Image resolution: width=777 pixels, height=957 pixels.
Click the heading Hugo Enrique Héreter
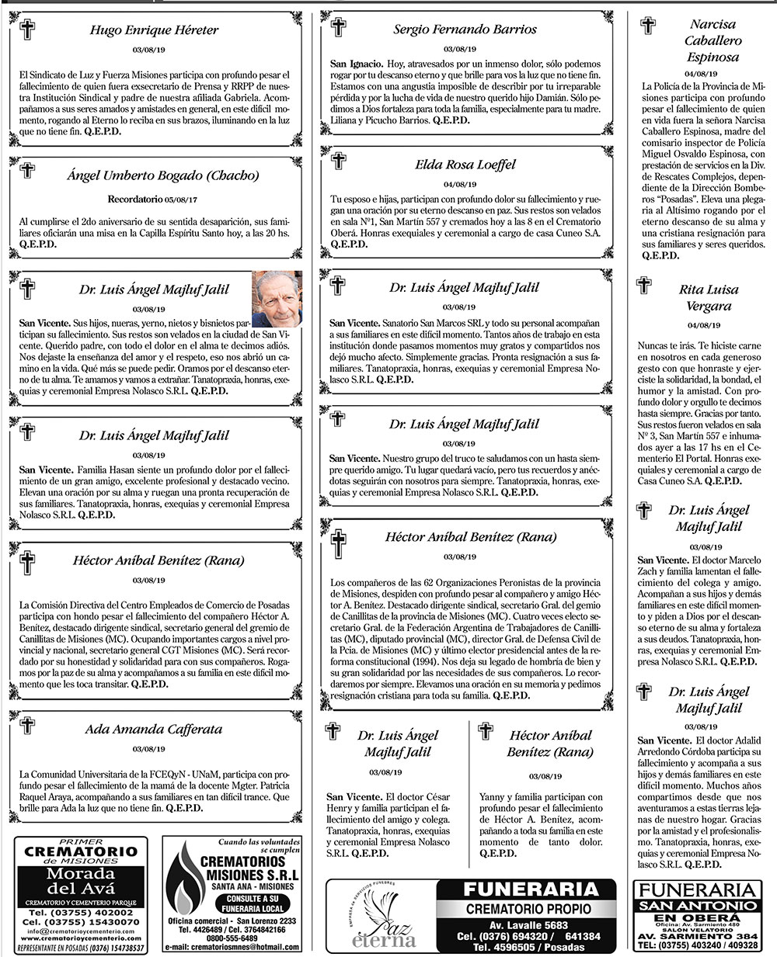154,30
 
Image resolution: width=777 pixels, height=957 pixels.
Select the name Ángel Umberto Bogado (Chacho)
162,175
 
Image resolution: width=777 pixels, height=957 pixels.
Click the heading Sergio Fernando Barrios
465,29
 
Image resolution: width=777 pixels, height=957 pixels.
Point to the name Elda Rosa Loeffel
465,165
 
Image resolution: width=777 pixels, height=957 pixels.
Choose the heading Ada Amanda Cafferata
153,730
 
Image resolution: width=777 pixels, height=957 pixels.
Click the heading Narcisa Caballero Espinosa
713,40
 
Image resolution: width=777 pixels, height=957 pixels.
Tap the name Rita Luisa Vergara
709,297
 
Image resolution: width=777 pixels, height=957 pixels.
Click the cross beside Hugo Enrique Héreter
27,30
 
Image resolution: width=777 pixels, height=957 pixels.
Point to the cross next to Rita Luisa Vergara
644,285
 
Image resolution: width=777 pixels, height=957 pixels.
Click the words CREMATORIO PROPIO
528,909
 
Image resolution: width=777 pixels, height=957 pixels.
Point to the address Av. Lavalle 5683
528,925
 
